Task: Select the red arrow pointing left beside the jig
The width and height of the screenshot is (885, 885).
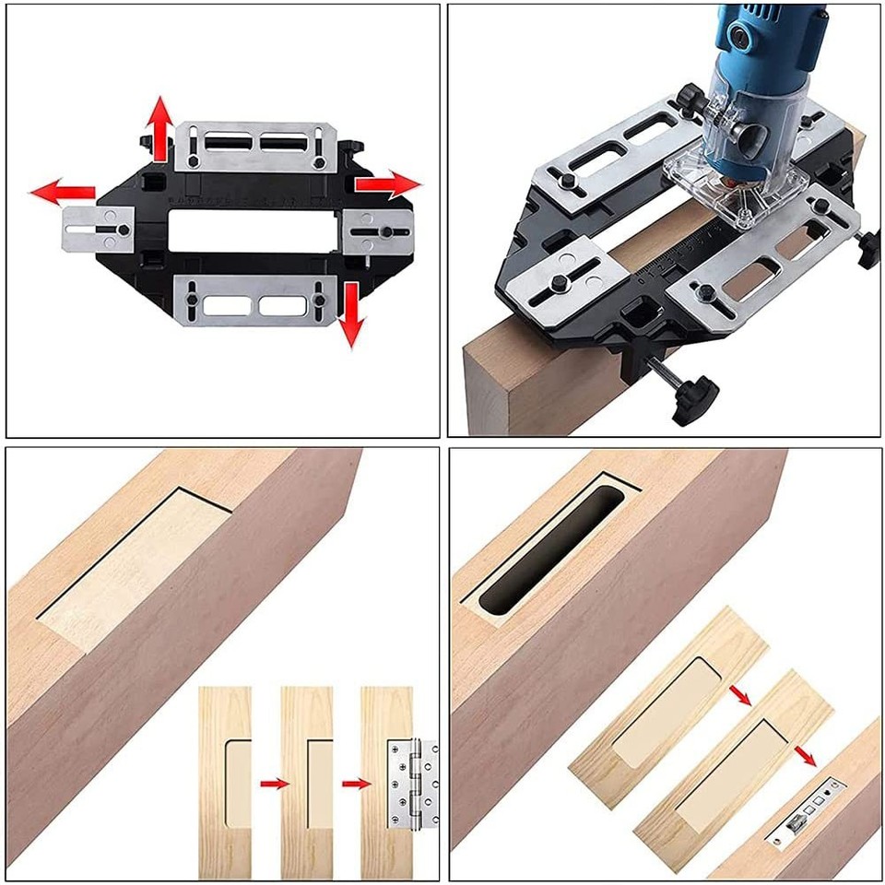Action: tap(61, 193)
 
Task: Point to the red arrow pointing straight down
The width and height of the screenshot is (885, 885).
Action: tap(349, 316)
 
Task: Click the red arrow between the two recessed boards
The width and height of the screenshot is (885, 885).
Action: tap(738, 691)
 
